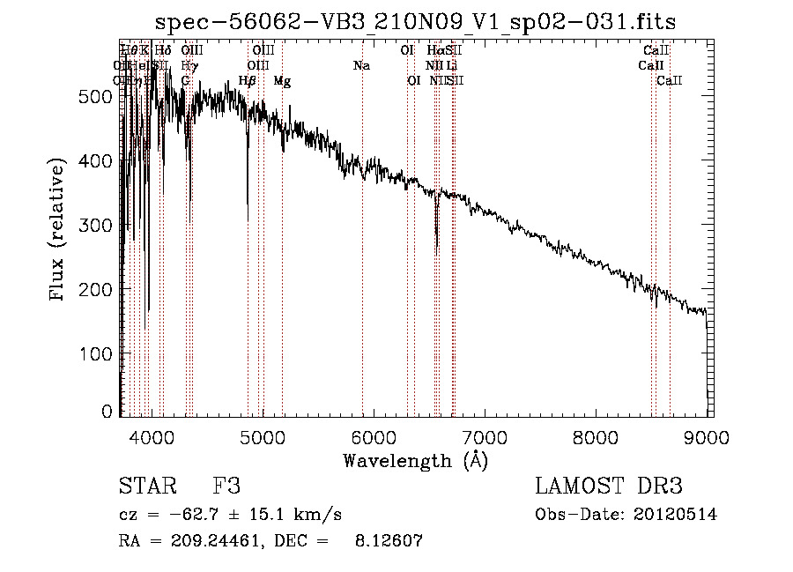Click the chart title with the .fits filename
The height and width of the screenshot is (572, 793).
tap(414, 21)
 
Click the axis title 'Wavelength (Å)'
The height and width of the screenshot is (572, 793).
tap(415, 460)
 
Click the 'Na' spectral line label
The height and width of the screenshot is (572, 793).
tap(361, 65)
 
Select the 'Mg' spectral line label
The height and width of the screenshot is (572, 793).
tap(282, 81)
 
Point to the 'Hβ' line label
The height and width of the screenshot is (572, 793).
tap(248, 81)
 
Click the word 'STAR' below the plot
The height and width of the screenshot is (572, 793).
tap(143, 487)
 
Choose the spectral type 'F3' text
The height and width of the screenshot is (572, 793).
tap(226, 487)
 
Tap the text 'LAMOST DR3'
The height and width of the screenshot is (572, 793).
tap(608, 487)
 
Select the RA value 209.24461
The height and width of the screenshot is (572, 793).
tap(208, 542)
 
